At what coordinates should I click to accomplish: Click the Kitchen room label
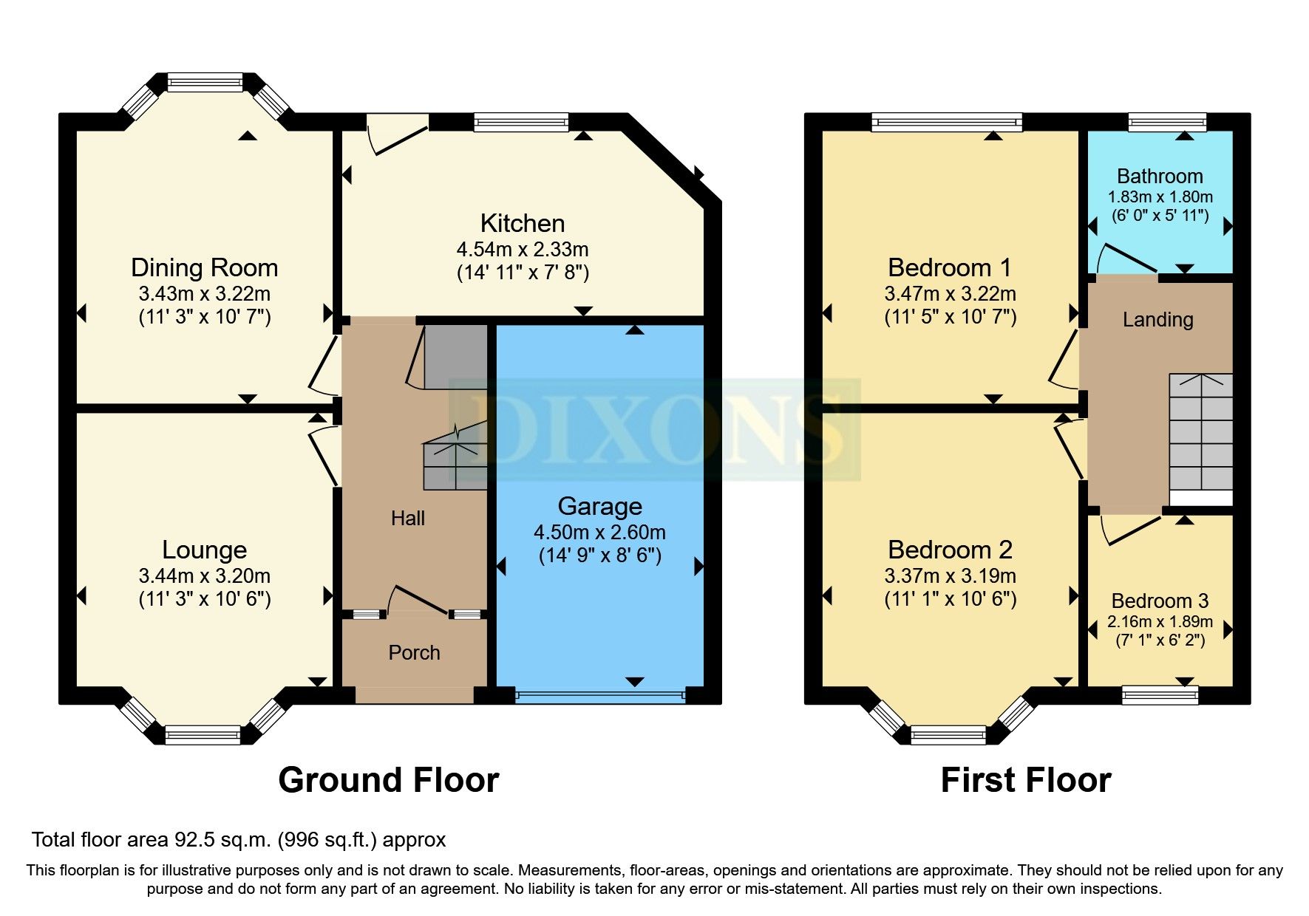(x=522, y=223)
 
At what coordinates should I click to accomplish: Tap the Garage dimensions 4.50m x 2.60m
(x=599, y=532)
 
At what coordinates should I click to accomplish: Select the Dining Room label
(x=204, y=267)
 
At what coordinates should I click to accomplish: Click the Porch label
(x=414, y=652)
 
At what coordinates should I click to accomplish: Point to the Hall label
(x=407, y=519)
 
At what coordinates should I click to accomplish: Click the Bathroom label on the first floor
(x=1159, y=177)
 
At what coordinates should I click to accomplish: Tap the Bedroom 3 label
(x=1159, y=601)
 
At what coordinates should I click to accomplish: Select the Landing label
(x=1157, y=320)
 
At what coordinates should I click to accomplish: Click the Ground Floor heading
(x=388, y=780)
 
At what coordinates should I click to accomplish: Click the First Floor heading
(x=1025, y=780)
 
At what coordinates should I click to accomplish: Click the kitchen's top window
(x=521, y=122)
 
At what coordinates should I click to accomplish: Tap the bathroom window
(x=1167, y=122)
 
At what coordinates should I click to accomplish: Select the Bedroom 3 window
(x=1160, y=694)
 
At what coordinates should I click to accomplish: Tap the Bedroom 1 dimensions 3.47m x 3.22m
(x=950, y=294)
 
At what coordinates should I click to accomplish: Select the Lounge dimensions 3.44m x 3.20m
(x=204, y=576)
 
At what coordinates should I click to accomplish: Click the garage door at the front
(x=599, y=694)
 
